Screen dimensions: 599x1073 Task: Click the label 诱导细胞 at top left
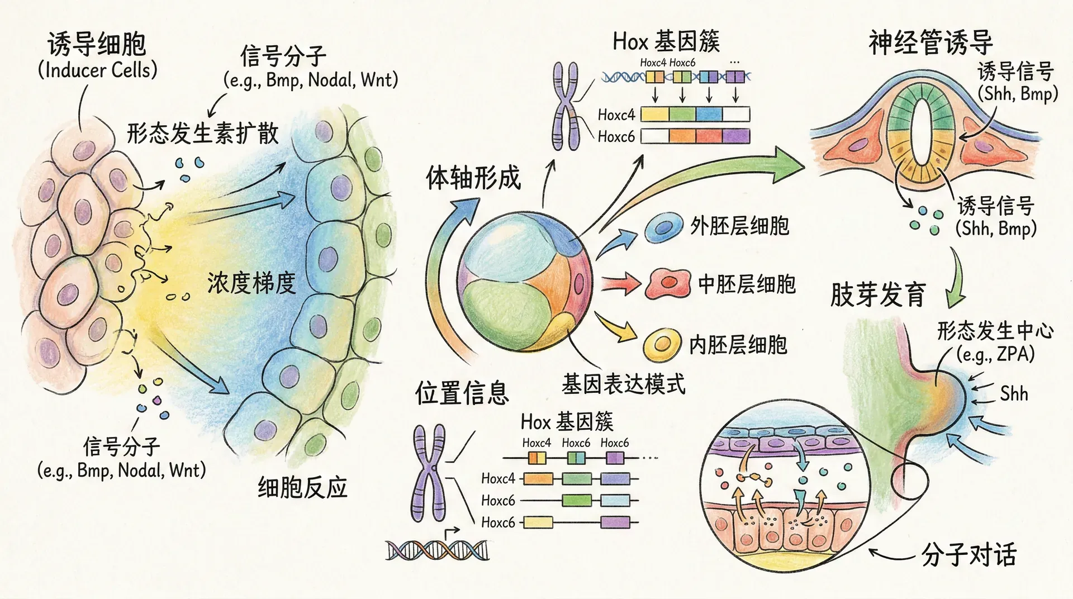click(x=96, y=44)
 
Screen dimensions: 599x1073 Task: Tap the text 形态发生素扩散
click(x=202, y=134)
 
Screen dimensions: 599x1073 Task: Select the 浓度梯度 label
click(x=251, y=283)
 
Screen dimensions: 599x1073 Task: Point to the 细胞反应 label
click(x=302, y=487)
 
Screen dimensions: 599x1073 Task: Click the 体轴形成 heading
click(x=473, y=178)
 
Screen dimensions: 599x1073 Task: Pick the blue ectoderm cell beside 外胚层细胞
click(x=664, y=227)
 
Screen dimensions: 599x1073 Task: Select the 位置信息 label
click(x=462, y=392)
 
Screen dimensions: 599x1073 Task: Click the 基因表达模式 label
click(x=623, y=384)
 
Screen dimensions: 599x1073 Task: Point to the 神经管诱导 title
click(x=930, y=42)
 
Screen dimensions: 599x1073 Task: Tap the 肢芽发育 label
click(x=878, y=294)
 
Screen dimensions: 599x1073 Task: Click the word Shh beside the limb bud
click(x=1014, y=394)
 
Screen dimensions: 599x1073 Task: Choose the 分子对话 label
click(x=968, y=554)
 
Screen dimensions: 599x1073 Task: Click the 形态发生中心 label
click(x=995, y=331)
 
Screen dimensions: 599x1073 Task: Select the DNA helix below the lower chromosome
click(x=437, y=550)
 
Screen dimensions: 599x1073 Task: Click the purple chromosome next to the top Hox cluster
click(x=566, y=106)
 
